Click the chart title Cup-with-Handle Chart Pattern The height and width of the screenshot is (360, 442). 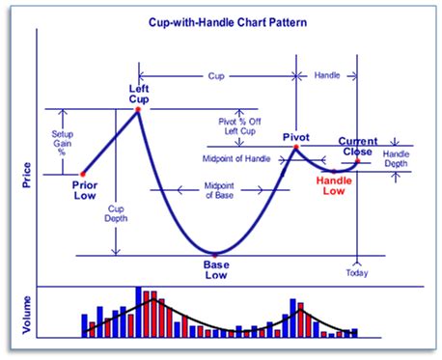coord(221,18)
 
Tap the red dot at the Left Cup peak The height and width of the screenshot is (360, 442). coord(138,108)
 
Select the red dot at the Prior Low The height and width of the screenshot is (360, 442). coord(82,174)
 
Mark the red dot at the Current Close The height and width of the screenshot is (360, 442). coord(357,161)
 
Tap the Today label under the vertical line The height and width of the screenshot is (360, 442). coord(357,272)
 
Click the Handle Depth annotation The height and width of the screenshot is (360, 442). coord(396,159)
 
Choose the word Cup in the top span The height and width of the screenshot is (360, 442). coord(216,74)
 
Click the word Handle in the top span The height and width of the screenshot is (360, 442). coord(327,74)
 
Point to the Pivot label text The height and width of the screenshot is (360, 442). coord(296,137)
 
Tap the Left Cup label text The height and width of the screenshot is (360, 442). coord(138,93)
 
